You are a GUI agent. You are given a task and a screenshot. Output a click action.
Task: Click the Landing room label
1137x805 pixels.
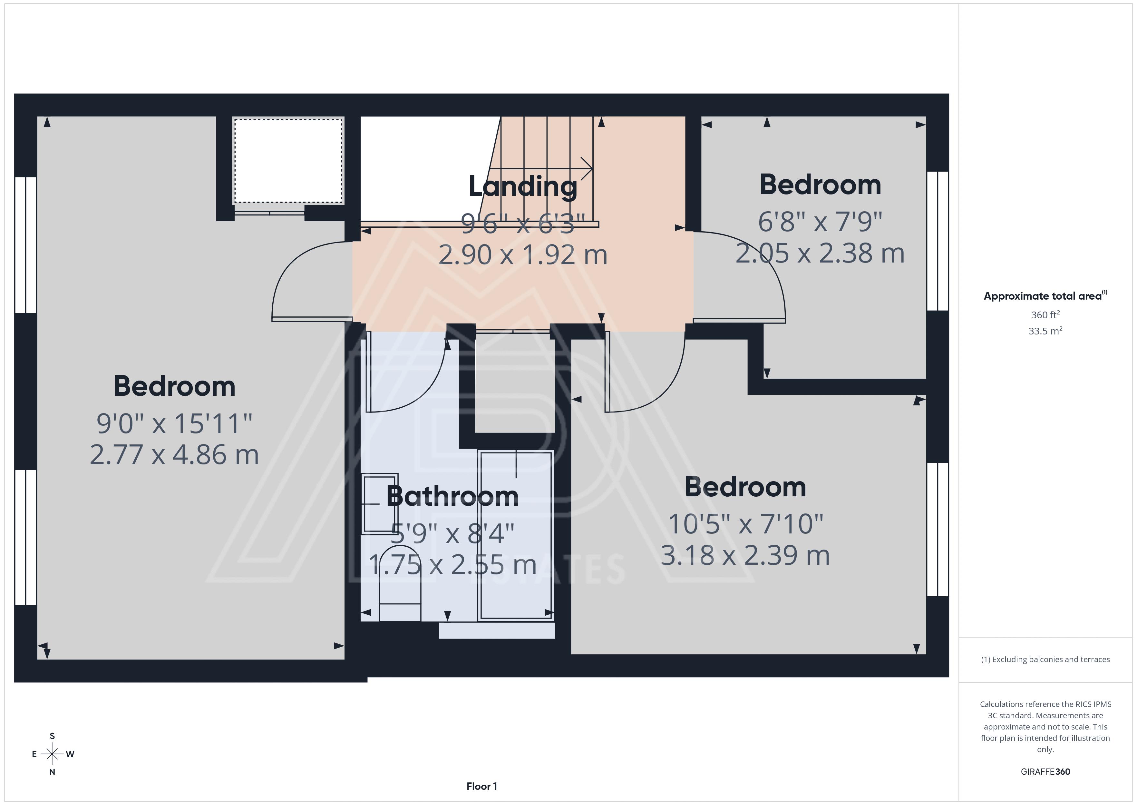point(523,186)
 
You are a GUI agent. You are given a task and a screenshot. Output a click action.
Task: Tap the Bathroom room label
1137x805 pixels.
point(452,496)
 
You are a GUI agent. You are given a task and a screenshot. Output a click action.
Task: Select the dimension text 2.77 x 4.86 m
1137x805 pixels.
point(174,454)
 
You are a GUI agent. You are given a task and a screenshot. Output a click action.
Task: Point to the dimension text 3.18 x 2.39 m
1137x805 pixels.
point(745,555)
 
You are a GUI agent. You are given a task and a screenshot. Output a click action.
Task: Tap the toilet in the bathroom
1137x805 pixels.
point(400,583)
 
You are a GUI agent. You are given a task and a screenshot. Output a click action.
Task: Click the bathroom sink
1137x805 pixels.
point(380,503)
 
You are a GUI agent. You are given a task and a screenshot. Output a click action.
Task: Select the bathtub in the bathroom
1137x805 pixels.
point(516,535)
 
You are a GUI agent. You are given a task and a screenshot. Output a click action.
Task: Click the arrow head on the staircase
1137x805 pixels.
point(587,169)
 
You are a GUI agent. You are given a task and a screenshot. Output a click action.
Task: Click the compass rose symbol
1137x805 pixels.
point(52,754)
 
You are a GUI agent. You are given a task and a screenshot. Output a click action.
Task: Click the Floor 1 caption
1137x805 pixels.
point(481,786)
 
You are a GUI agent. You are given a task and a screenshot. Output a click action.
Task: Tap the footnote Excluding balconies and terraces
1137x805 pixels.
point(1045,659)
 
